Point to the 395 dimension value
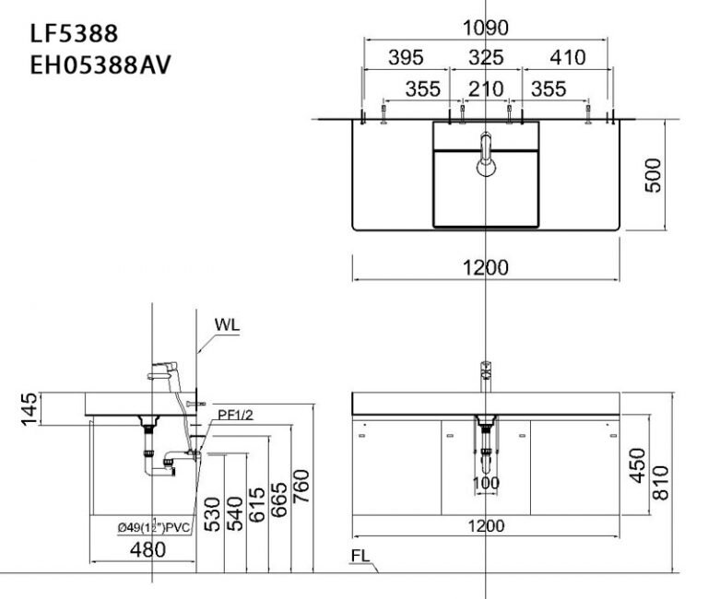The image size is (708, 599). pyautogui.click(x=405, y=58)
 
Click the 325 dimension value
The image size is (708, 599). pyautogui.click(x=486, y=58)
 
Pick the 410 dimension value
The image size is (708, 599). pyautogui.click(x=567, y=58)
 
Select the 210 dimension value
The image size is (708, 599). pyautogui.click(x=486, y=88)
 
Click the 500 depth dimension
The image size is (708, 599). pyautogui.click(x=653, y=175)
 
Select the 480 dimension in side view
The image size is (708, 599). pyautogui.click(x=147, y=550)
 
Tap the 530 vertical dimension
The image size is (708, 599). pyautogui.click(x=213, y=513)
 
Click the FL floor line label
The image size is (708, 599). pyautogui.click(x=362, y=557)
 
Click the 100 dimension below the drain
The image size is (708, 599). pyautogui.click(x=486, y=483)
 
